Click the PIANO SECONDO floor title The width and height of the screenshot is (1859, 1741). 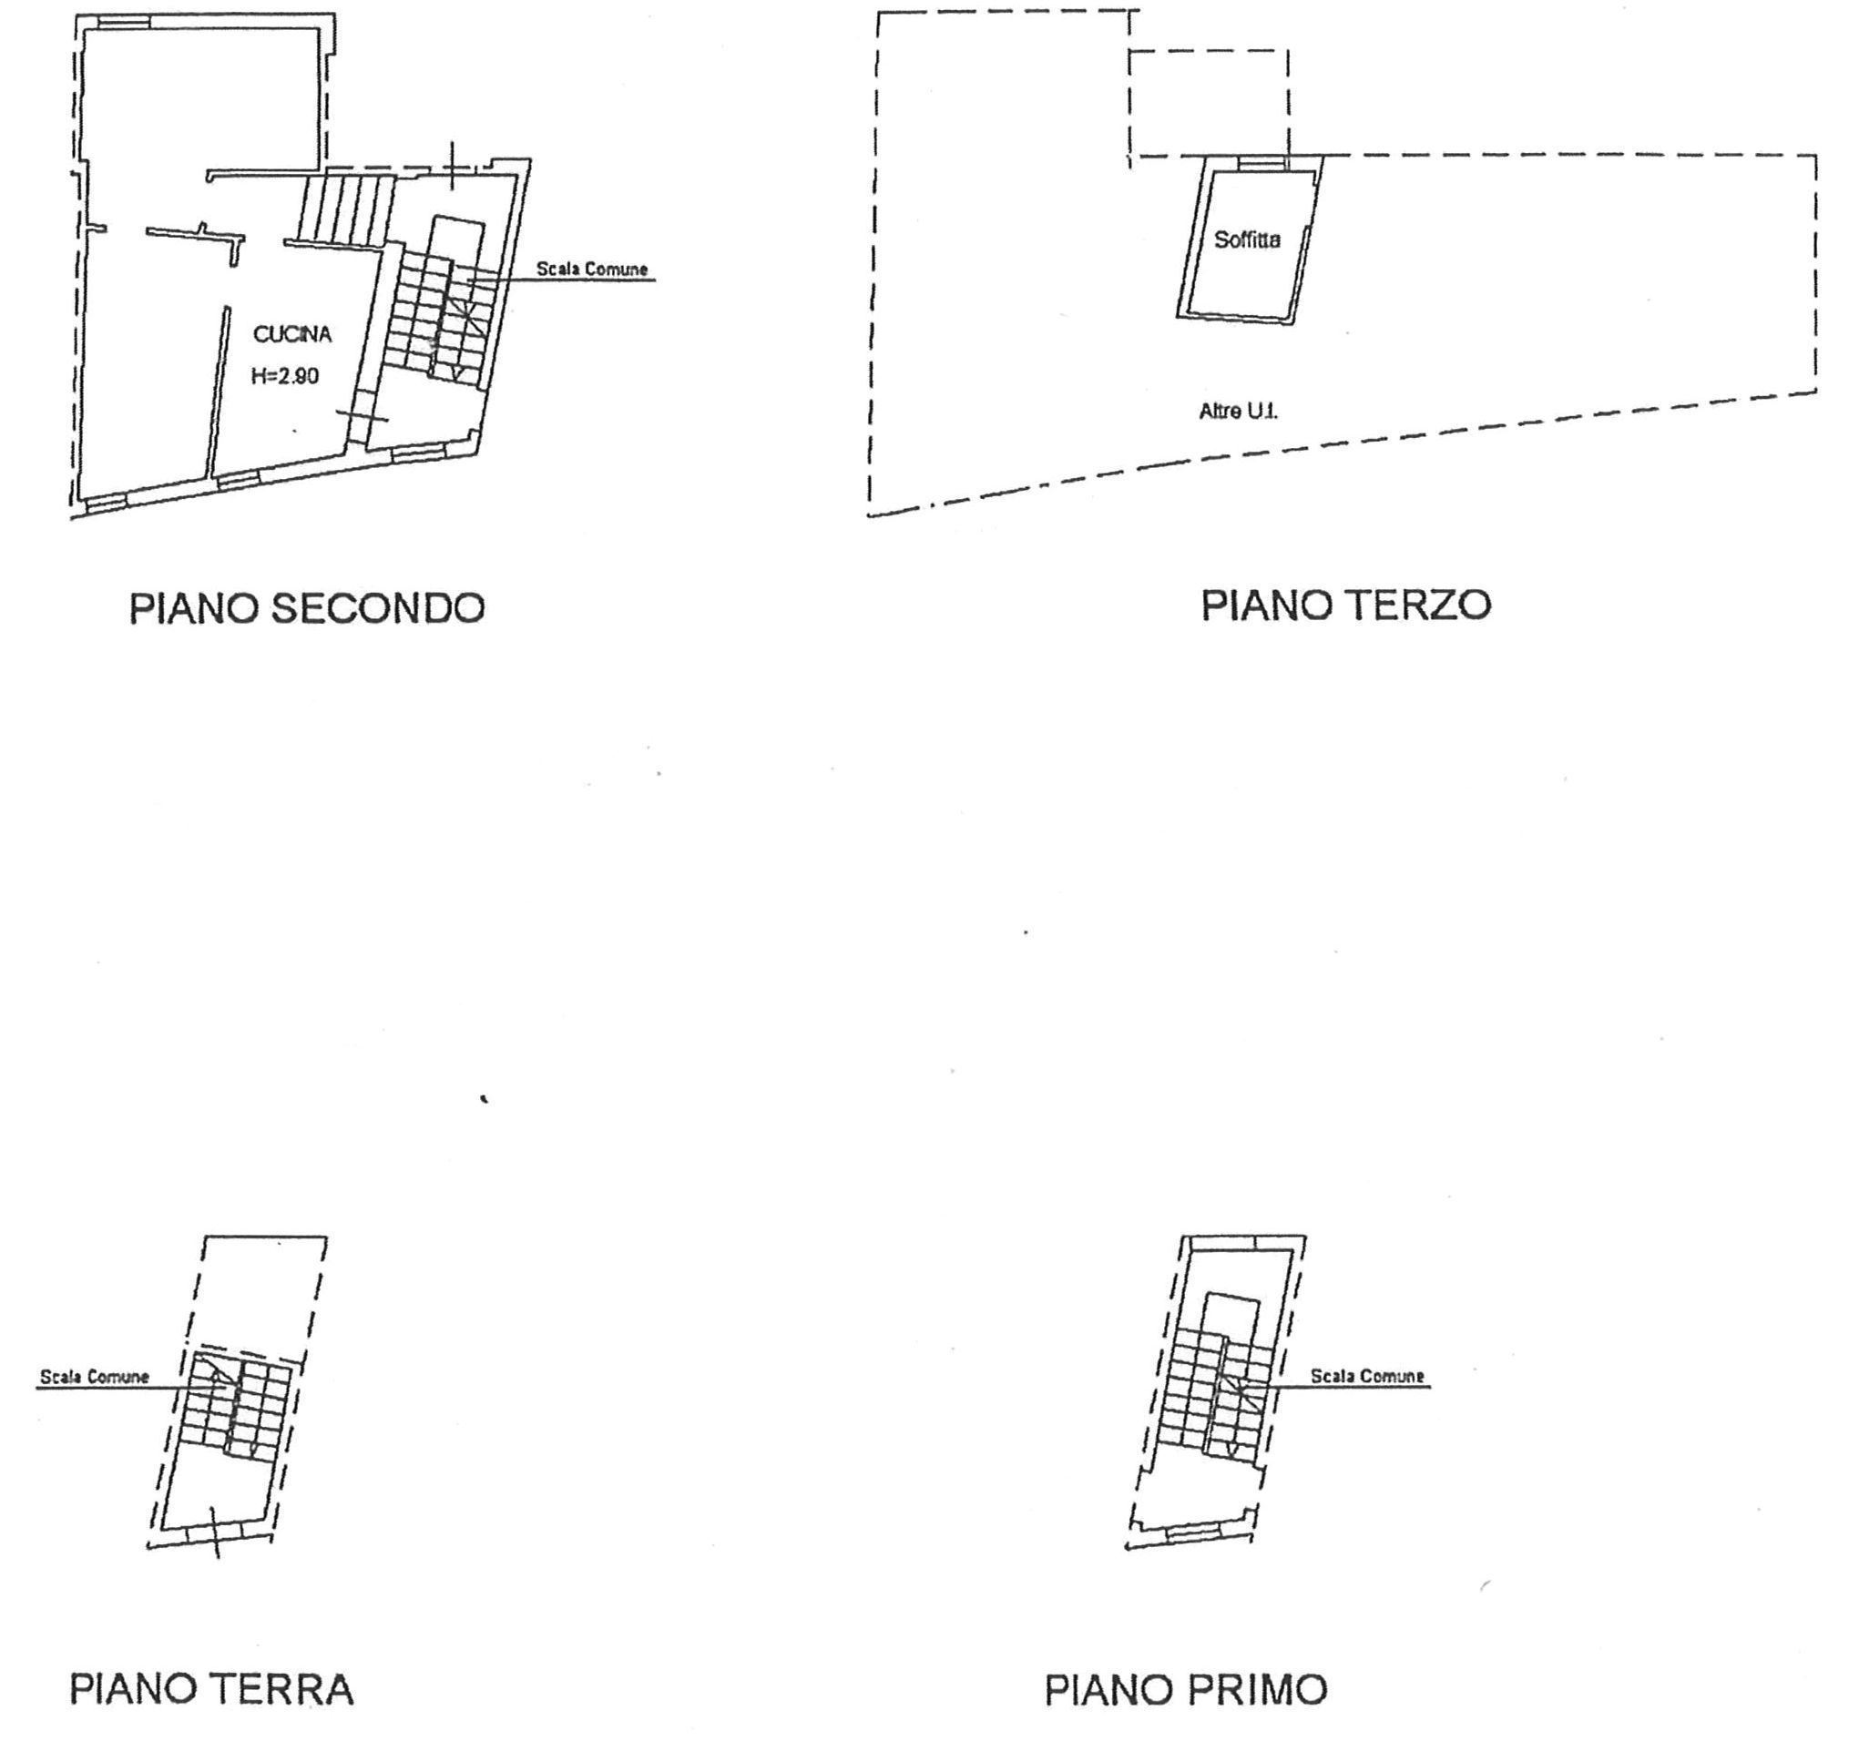point(307,608)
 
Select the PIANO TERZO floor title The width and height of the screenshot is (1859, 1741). point(1344,605)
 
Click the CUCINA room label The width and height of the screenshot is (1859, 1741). point(291,335)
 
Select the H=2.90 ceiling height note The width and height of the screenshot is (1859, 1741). point(284,376)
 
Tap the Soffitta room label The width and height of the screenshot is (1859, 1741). point(1247,240)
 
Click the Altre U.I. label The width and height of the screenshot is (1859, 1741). point(1238,411)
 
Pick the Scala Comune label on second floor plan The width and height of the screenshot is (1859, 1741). point(591,270)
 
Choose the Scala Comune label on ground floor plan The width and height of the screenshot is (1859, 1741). point(95,1377)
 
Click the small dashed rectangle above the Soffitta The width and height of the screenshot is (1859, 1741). point(1208,103)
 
